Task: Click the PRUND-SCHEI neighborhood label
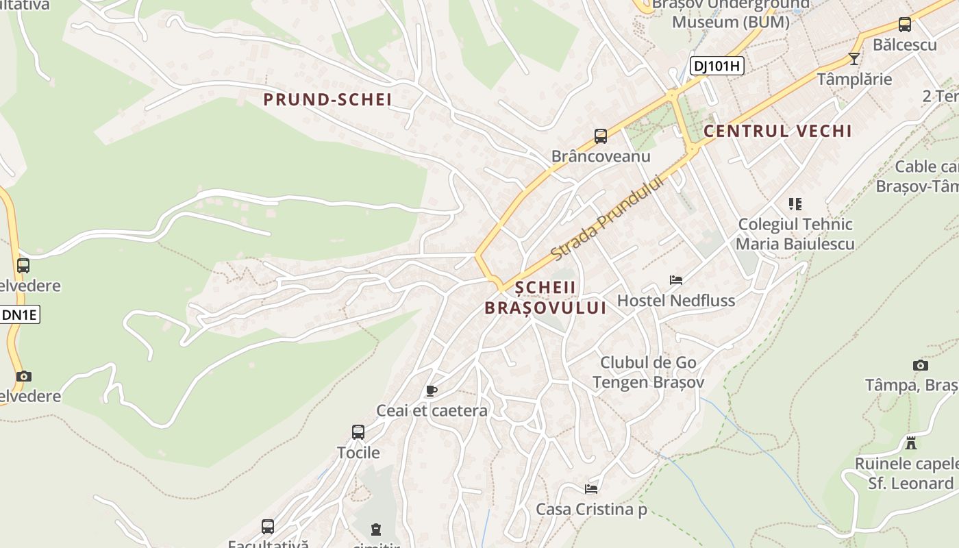(x=327, y=100)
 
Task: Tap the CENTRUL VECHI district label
(x=777, y=131)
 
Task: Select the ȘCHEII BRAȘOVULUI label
(x=545, y=298)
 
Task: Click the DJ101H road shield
(x=717, y=66)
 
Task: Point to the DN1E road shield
(x=20, y=315)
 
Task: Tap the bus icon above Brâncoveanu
(x=601, y=136)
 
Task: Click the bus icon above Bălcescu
(x=904, y=25)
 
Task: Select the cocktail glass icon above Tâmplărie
(x=854, y=59)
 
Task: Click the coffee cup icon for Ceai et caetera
(x=431, y=391)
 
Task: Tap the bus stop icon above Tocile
(x=358, y=432)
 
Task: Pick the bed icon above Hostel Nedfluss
(x=676, y=280)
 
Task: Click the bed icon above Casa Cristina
(x=591, y=489)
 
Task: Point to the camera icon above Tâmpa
(x=921, y=366)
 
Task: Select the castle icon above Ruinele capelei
(x=910, y=443)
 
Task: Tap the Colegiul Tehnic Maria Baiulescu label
(x=795, y=234)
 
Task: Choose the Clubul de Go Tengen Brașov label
(x=648, y=373)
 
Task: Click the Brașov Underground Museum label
(x=730, y=14)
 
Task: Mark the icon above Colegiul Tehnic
(x=795, y=204)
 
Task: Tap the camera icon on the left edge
(x=24, y=376)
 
